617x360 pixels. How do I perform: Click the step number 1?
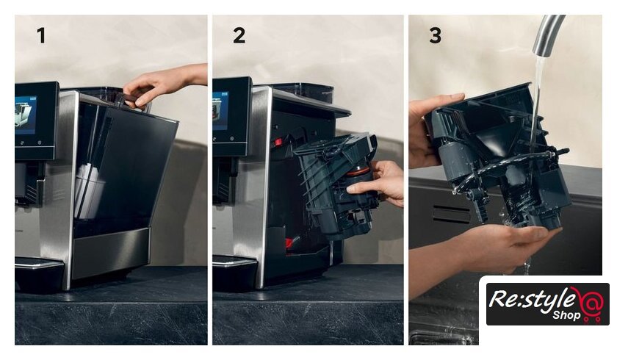[41, 35]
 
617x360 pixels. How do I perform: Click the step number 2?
[239, 35]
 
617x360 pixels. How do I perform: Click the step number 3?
[435, 35]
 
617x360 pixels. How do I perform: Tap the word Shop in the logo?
[566, 314]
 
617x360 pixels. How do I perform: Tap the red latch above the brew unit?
[278, 142]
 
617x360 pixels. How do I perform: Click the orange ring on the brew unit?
[358, 171]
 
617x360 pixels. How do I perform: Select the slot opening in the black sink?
[451, 214]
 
